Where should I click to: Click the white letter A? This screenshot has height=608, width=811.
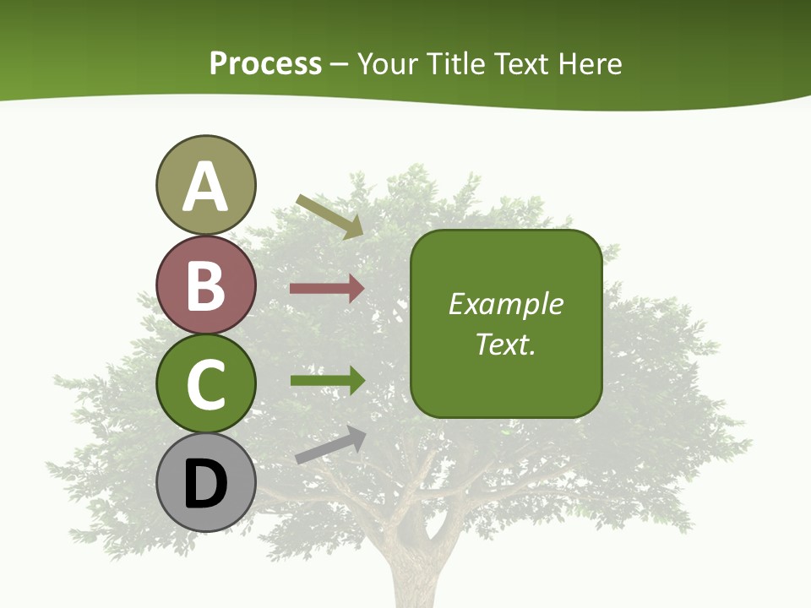pyautogui.click(x=205, y=187)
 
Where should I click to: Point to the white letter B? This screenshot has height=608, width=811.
pyautogui.click(x=205, y=285)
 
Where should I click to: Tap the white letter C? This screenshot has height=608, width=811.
pyautogui.click(x=205, y=384)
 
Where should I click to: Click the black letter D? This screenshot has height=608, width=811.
pyautogui.click(x=205, y=484)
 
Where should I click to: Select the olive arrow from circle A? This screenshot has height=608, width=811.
pyautogui.click(x=329, y=216)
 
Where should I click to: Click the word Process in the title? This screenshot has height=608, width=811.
pyautogui.click(x=265, y=64)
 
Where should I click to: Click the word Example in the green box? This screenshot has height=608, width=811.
pyautogui.click(x=505, y=304)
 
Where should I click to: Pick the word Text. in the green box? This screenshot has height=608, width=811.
pyautogui.click(x=505, y=344)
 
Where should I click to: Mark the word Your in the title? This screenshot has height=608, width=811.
pyautogui.click(x=388, y=64)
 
